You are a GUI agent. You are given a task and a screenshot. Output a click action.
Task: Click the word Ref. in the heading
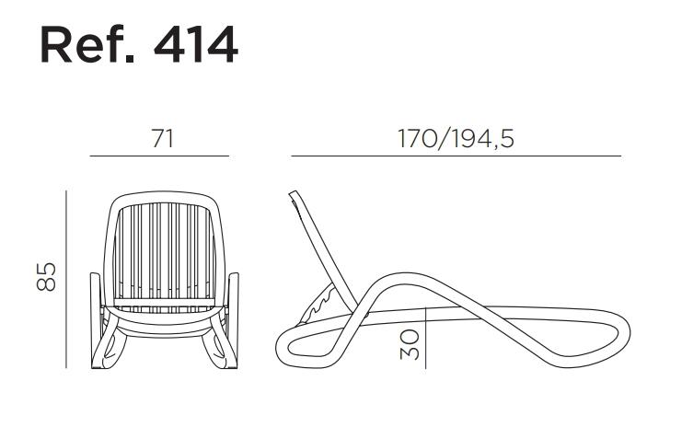click(x=87, y=45)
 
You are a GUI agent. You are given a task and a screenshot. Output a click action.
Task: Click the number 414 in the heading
click(x=196, y=45)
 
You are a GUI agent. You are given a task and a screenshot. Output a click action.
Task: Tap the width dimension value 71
click(x=163, y=138)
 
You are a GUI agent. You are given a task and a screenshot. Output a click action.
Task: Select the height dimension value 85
click(x=46, y=277)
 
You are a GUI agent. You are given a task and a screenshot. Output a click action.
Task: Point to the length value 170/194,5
click(x=456, y=138)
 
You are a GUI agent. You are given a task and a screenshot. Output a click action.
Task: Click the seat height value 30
click(x=410, y=345)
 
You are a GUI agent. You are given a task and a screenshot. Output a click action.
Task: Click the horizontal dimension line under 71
click(x=159, y=156)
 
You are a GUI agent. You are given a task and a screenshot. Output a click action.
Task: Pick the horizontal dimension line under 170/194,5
click(x=456, y=156)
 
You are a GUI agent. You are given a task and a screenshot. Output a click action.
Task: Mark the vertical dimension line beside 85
click(x=66, y=280)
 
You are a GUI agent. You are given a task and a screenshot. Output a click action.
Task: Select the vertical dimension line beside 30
click(x=425, y=339)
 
